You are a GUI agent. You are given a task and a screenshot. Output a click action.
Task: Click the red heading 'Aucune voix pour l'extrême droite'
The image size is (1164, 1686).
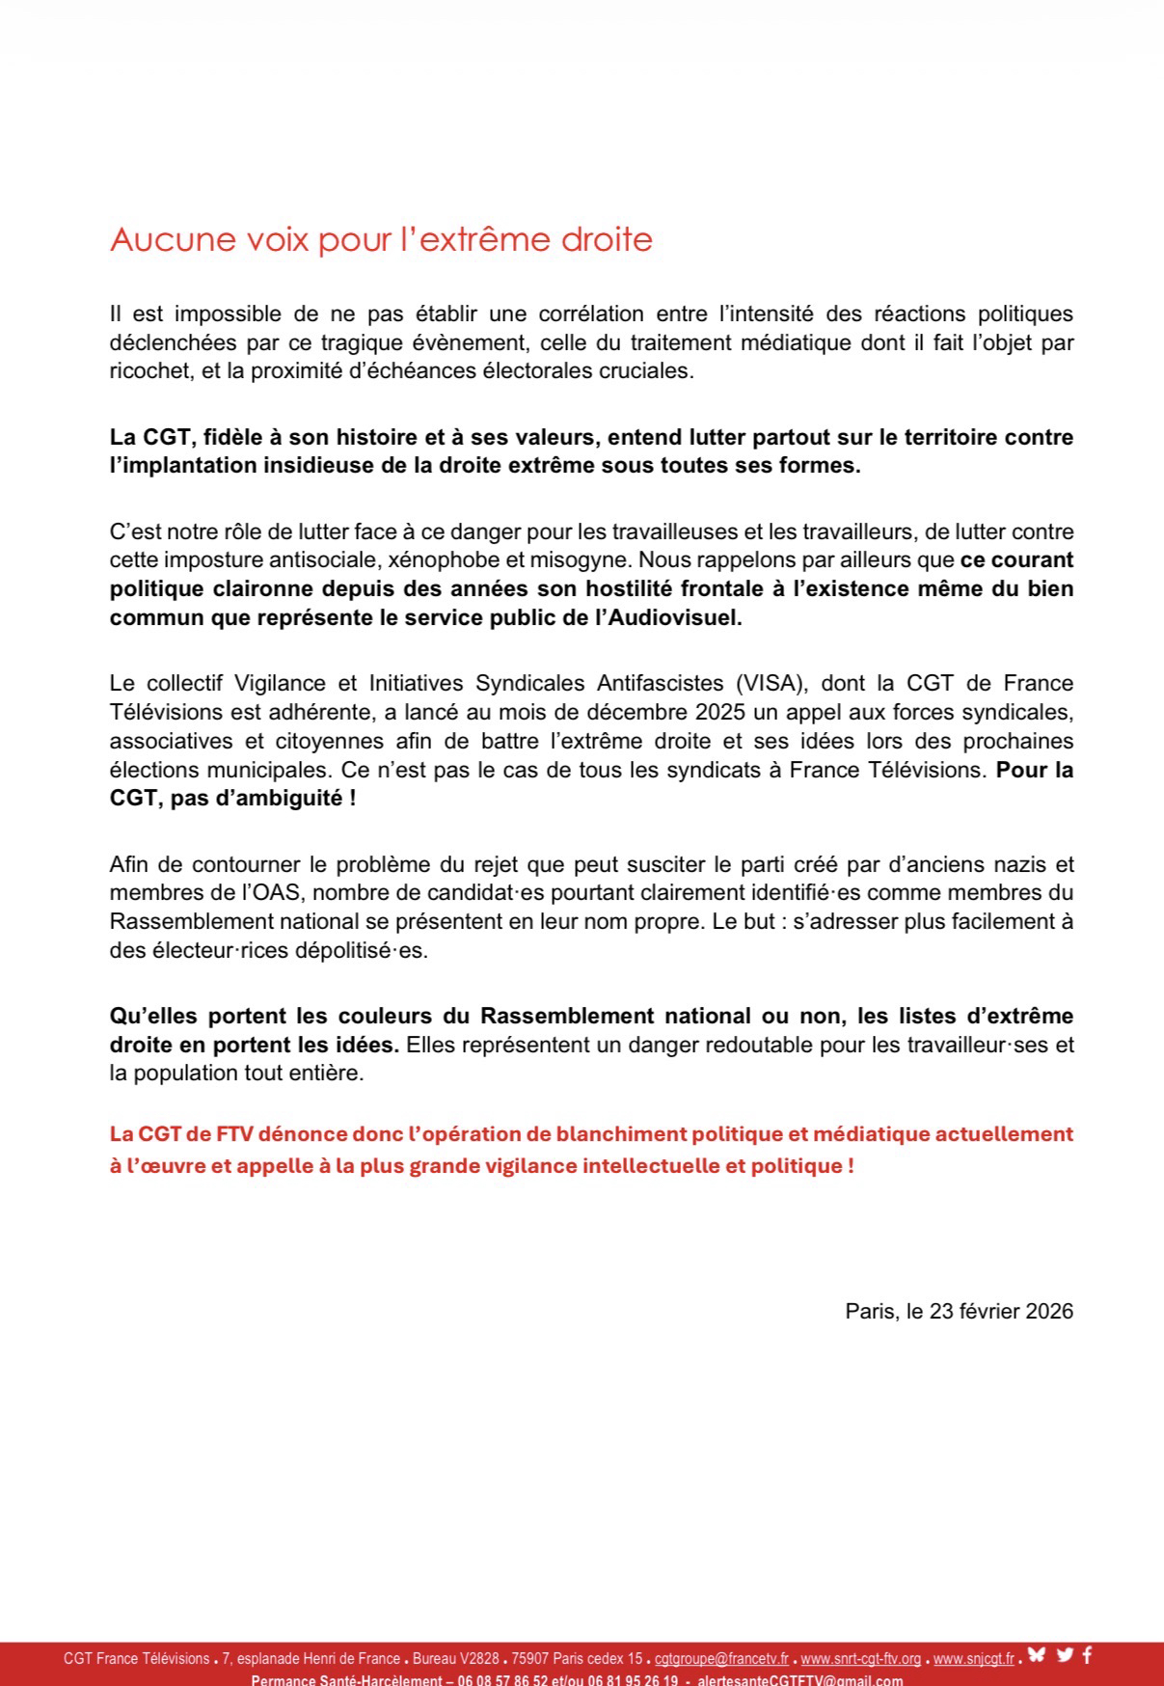click(x=381, y=239)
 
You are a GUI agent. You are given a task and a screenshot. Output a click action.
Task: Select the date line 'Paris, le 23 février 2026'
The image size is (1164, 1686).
click(x=959, y=1312)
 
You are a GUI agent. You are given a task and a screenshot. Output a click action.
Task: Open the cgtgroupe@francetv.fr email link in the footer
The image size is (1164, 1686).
click(x=721, y=1659)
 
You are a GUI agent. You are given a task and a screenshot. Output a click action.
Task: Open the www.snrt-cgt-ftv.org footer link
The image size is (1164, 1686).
click(x=860, y=1659)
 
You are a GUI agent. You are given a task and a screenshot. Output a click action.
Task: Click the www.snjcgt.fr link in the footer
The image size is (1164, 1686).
click(x=973, y=1659)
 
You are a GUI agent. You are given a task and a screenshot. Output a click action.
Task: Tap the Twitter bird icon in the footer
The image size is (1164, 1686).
click(x=1065, y=1656)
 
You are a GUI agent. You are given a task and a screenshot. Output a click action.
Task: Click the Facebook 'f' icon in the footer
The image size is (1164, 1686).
click(x=1087, y=1656)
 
